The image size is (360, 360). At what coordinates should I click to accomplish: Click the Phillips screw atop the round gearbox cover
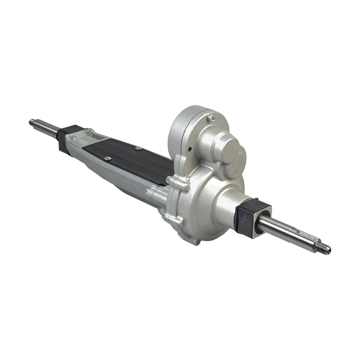[x=212, y=118]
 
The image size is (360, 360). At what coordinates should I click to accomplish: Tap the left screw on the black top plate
[x=107, y=158]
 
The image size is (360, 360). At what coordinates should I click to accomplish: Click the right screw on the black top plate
[x=138, y=148]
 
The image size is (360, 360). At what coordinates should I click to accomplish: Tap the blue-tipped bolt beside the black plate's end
[x=168, y=179]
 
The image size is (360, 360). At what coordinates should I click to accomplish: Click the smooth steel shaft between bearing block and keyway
[x=277, y=227]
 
